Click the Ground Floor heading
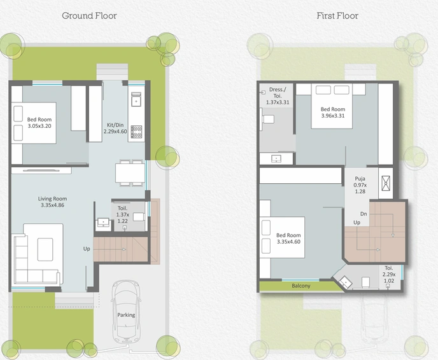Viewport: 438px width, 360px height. pyautogui.click(x=89, y=16)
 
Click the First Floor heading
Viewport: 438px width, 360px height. pyautogui.click(x=337, y=16)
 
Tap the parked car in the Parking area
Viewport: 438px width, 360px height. pyautogui.click(x=126, y=312)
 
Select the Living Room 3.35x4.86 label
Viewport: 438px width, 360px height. pyautogui.click(x=52, y=202)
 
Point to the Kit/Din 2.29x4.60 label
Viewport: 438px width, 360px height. pyautogui.click(x=115, y=128)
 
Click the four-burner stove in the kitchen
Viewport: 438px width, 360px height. pyautogui.click(x=136, y=132)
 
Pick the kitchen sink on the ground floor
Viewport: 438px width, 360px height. pyautogui.click(x=136, y=99)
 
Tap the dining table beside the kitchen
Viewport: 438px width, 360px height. pyautogui.click(x=130, y=173)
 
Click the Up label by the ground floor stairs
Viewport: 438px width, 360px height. pyautogui.click(x=87, y=249)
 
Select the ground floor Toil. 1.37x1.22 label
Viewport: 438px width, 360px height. pyautogui.click(x=123, y=214)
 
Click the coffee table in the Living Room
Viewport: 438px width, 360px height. pyautogui.click(x=45, y=249)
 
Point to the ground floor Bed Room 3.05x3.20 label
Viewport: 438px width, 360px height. pyautogui.click(x=39, y=123)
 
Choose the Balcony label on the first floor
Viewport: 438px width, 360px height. pyautogui.click(x=301, y=286)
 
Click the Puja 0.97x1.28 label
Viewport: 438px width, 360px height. pyautogui.click(x=360, y=184)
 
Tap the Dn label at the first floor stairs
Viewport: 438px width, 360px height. pyautogui.click(x=364, y=214)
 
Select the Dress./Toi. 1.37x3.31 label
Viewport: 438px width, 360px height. pyautogui.click(x=278, y=95)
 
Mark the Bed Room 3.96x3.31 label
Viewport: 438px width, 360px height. pyautogui.click(x=333, y=113)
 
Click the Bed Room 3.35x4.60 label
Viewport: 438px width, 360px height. pyautogui.click(x=288, y=239)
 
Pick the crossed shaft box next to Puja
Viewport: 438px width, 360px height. pyautogui.click(x=386, y=183)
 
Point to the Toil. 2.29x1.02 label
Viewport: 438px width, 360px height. pyautogui.click(x=389, y=274)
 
